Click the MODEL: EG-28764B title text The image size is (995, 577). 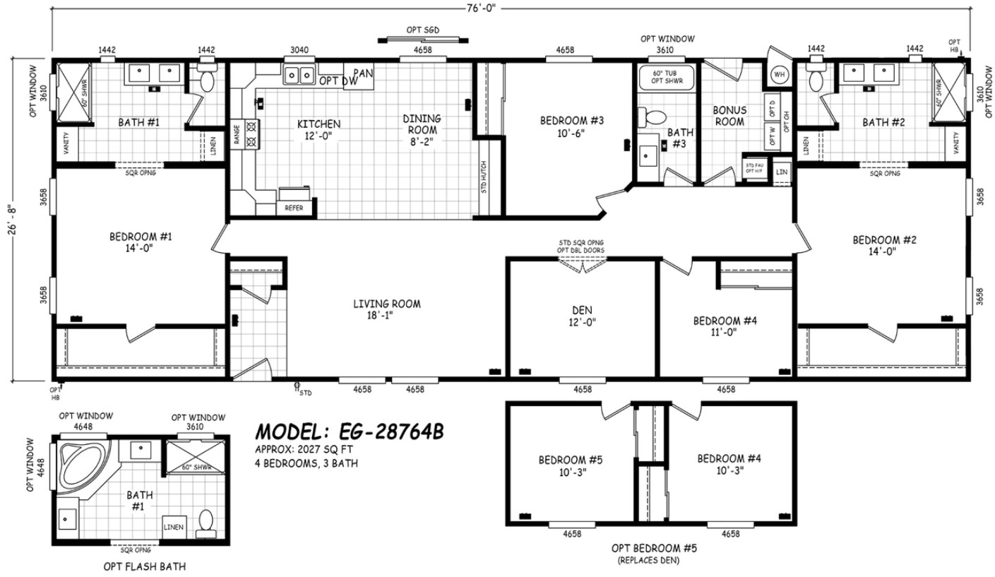click(x=349, y=431)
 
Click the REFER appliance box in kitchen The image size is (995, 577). click(x=294, y=208)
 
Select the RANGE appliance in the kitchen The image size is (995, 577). click(x=237, y=132)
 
